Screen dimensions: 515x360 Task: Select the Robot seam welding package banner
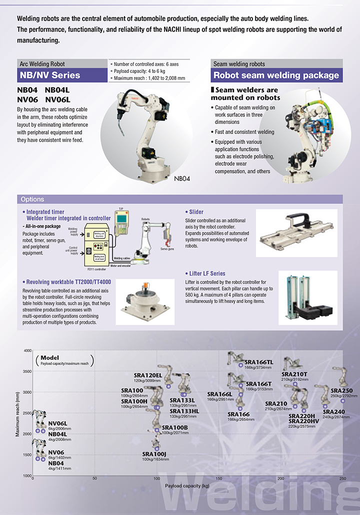click(x=276, y=75)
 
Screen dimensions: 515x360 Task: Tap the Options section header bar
click(x=180, y=199)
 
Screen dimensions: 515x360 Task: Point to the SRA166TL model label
click(x=259, y=361)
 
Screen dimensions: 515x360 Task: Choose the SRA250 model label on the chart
click(x=341, y=390)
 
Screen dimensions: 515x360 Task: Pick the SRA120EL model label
click(x=148, y=375)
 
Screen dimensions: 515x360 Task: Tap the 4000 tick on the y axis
click(x=27, y=350)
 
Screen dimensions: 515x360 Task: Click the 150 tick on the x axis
click(x=218, y=478)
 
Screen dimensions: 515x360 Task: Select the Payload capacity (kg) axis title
click(x=187, y=486)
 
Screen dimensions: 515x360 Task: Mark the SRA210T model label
click(x=294, y=373)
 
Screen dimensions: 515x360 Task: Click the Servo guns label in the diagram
click(x=166, y=249)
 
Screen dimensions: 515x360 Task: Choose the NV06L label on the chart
click(x=57, y=423)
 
